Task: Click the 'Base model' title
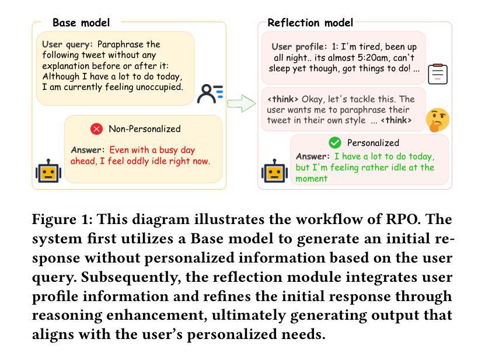(x=81, y=23)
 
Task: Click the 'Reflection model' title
(x=310, y=23)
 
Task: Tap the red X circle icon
(x=97, y=129)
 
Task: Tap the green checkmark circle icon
(x=334, y=143)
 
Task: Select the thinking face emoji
(x=437, y=119)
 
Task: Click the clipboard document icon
(x=438, y=74)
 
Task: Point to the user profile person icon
(x=210, y=93)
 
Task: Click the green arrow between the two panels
(x=242, y=104)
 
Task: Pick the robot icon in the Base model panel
(x=48, y=171)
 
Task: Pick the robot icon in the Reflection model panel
(x=274, y=171)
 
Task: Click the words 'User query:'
(x=68, y=44)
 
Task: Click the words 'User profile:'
(x=299, y=47)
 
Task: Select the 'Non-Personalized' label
(x=145, y=129)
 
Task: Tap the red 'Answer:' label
(x=88, y=150)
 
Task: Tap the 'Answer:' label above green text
(x=313, y=156)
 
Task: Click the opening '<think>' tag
(x=283, y=99)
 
